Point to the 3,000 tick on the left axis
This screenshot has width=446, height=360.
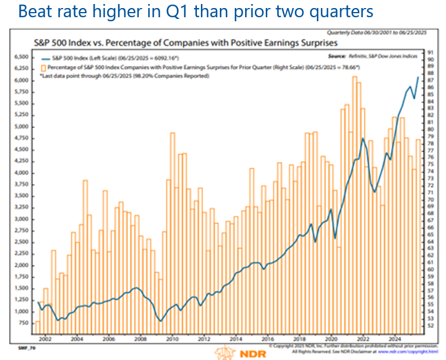click(21, 219)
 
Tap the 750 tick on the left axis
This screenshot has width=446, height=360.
click(23, 323)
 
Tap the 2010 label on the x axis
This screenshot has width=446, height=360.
click(171, 340)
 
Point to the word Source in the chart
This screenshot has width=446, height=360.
click(338, 56)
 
